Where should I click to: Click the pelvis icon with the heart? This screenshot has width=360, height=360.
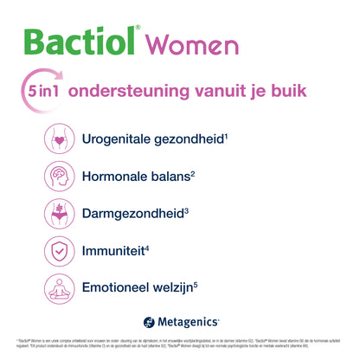(x=59, y=138)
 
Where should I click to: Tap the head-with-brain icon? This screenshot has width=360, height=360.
(x=59, y=177)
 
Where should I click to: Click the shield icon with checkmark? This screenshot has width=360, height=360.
(x=59, y=251)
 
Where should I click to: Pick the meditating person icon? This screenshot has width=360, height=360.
(x=59, y=289)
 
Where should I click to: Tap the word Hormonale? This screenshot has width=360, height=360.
(x=117, y=177)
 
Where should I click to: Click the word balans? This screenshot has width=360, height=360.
(x=170, y=177)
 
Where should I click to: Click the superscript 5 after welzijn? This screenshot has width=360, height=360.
(x=221, y=284)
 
